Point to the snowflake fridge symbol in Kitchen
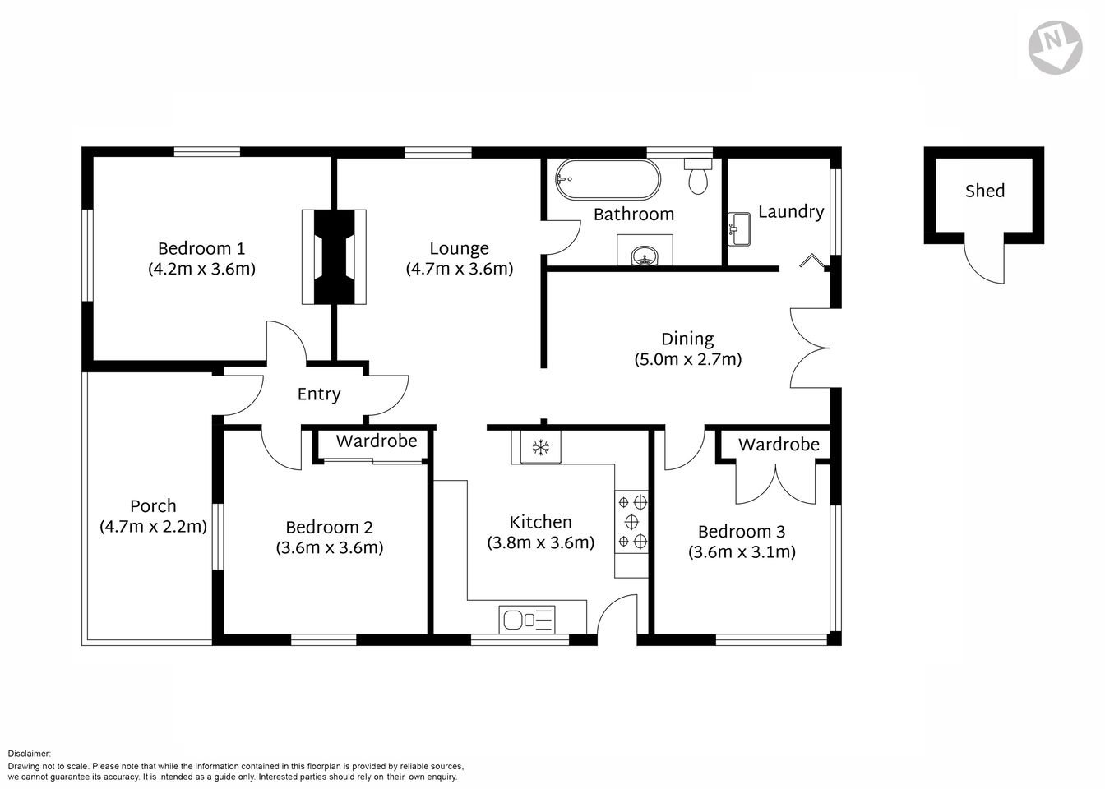click(x=540, y=448)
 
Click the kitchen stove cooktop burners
click(x=631, y=520)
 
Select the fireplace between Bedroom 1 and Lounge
click(x=334, y=257)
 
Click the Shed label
click(x=984, y=191)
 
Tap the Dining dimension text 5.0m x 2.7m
click(x=687, y=359)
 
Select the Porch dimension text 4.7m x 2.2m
click(x=153, y=526)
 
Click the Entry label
click(x=318, y=394)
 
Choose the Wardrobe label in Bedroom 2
click(x=376, y=441)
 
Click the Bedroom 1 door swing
click(x=285, y=341)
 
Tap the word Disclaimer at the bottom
click(x=29, y=753)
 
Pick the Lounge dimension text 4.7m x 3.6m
click(x=459, y=269)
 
